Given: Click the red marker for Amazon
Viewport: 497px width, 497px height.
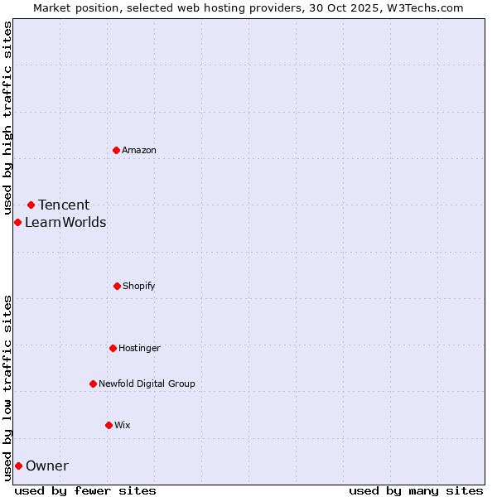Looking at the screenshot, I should point(116,150).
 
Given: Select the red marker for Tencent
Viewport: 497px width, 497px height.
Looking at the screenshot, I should point(31,205).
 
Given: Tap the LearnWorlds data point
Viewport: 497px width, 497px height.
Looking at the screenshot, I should point(17,222).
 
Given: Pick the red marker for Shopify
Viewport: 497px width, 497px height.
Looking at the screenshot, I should point(117,286).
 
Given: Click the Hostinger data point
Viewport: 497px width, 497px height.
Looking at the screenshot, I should point(113,348).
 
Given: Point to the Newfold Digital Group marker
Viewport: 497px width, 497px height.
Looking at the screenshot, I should point(93,384).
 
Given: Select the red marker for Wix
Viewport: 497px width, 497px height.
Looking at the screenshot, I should point(109,425).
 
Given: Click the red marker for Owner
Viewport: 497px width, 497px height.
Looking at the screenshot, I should point(18,466).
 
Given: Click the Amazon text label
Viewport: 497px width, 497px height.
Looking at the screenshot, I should point(139,150).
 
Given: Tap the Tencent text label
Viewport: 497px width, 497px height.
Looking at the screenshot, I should point(64,205).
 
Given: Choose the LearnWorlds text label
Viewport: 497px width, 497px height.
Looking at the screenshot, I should point(65,222).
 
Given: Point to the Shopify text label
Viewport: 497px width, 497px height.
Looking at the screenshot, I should point(139,286).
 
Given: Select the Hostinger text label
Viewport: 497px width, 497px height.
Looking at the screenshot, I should point(139,348).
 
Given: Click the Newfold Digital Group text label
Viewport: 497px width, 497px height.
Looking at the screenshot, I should point(147,384).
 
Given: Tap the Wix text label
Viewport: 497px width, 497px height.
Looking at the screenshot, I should point(123,425).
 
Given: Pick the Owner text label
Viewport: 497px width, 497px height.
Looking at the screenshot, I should point(47,466).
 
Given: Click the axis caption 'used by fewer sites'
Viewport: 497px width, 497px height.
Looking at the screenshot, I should point(85,490).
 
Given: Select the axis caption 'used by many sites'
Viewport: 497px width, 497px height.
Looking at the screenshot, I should point(416,490).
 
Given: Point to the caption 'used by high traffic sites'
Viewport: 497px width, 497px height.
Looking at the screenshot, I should point(7,118).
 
